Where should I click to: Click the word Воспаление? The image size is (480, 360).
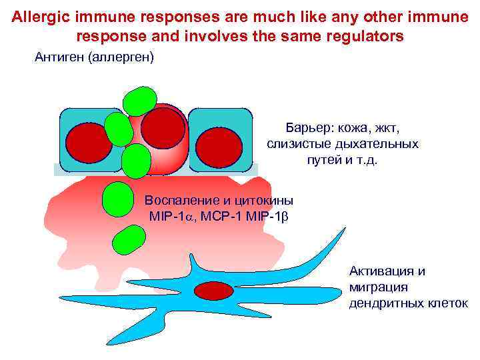(x=179, y=200)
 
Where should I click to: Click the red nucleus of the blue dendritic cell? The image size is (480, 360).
(x=213, y=291)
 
